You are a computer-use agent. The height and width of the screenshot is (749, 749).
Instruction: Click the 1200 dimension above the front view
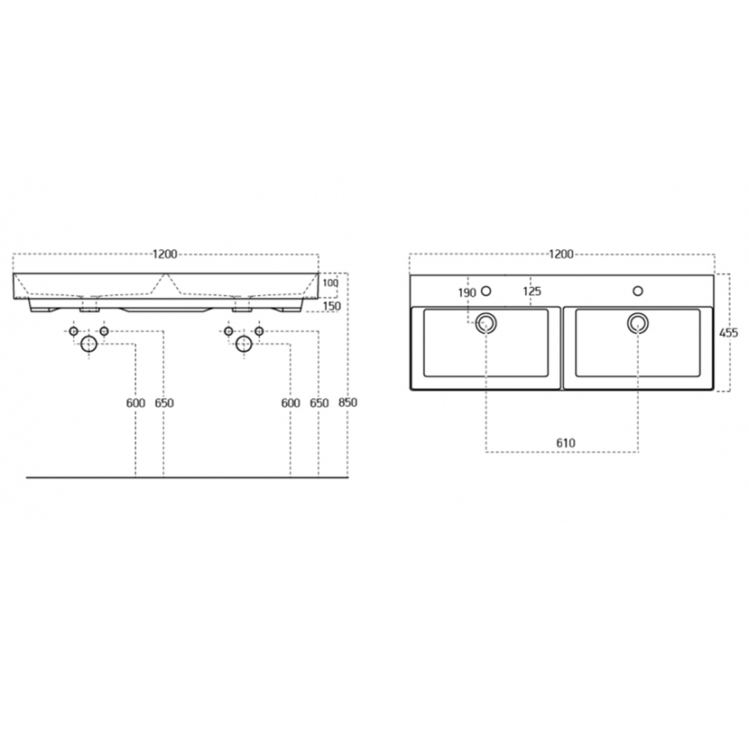pyautogui.click(x=165, y=254)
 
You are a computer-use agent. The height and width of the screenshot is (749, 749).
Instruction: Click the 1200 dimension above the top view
pyautogui.click(x=560, y=254)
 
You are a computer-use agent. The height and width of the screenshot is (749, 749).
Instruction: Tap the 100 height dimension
pyautogui.click(x=330, y=283)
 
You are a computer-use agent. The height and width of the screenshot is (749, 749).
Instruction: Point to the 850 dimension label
pyautogui.click(x=347, y=402)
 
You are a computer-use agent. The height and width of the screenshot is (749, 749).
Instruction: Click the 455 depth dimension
pyautogui.click(x=728, y=332)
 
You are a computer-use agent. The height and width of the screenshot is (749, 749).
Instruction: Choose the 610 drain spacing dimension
pyautogui.click(x=566, y=443)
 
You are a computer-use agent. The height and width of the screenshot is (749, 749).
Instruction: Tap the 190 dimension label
pyautogui.click(x=467, y=292)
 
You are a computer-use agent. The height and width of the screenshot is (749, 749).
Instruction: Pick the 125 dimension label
pyautogui.click(x=532, y=291)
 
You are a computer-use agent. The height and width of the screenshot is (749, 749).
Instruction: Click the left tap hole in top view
pyautogui.click(x=486, y=291)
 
